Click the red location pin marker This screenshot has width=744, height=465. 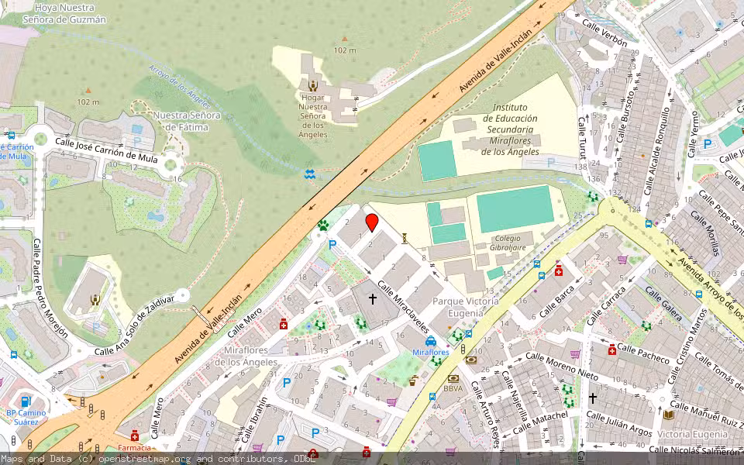(372, 223)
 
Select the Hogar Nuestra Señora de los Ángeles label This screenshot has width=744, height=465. (313, 111)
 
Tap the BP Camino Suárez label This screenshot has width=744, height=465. (26, 417)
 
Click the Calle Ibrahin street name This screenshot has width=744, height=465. (257, 418)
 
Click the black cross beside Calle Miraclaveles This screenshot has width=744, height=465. (372, 298)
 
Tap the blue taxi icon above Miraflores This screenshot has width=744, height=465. (430, 340)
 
